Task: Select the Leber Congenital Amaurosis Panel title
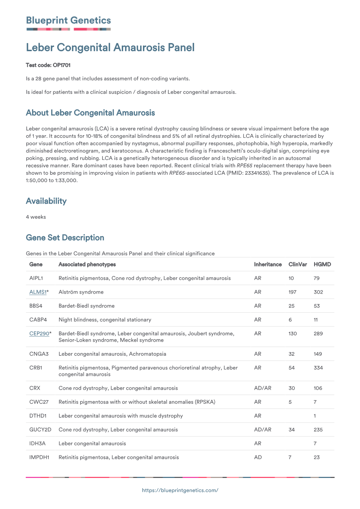pos(110,48)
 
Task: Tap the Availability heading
pos(46,201)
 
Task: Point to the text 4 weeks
pos(36,217)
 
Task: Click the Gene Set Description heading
pos(65,238)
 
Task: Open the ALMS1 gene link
pos(38,292)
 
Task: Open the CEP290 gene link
pos(39,334)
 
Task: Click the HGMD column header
pos(322,264)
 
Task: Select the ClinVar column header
pos(298,264)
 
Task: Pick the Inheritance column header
pos(268,264)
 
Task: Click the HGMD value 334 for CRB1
pos(318,368)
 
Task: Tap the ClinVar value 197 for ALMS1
pos(292,292)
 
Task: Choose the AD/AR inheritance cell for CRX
pos(263,388)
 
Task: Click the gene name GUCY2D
pos(40,430)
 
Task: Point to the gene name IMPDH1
pos(39,457)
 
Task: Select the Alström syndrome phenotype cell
pos(81,292)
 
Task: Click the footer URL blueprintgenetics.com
pos(180,490)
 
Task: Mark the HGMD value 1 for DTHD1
pos(315,416)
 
